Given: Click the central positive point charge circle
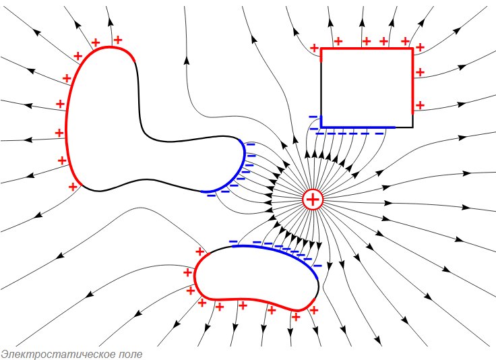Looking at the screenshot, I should click(313, 200).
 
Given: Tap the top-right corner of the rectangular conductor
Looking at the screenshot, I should click(412, 49).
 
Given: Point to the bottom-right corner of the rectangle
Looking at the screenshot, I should click(412, 127).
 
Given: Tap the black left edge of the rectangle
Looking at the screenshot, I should click(321, 88).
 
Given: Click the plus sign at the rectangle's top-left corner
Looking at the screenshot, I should click(314, 47).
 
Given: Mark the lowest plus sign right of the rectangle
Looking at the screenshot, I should click(420, 105).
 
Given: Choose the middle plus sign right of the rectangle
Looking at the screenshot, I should click(420, 71).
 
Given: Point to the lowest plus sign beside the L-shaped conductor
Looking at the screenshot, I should click(73, 186).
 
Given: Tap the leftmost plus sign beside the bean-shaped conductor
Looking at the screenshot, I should click(187, 272).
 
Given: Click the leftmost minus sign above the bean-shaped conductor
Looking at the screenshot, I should click(233, 241).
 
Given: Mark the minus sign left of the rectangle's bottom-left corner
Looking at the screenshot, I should click(313, 117).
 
